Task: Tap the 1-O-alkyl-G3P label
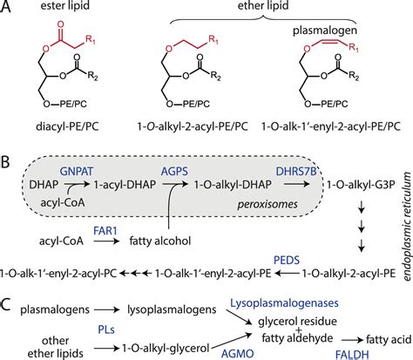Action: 356,187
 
